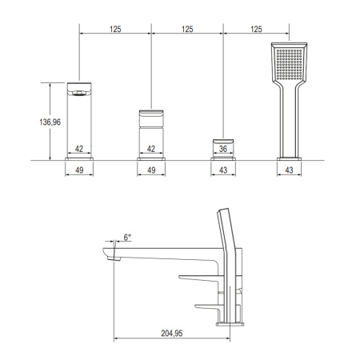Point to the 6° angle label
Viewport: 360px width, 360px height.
(x=126, y=238)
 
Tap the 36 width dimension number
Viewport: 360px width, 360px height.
(x=224, y=148)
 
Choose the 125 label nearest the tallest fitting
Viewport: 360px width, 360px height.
(x=115, y=29)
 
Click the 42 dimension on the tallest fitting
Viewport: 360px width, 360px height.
(x=79, y=148)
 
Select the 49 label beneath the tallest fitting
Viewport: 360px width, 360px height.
(x=79, y=171)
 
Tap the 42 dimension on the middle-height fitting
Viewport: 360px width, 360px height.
(x=151, y=148)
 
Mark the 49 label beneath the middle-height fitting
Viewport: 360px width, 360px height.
(x=151, y=171)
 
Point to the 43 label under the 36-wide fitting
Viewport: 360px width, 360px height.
(x=224, y=171)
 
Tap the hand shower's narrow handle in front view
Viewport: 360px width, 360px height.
(x=289, y=120)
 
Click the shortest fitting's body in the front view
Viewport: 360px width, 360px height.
(x=224, y=140)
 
